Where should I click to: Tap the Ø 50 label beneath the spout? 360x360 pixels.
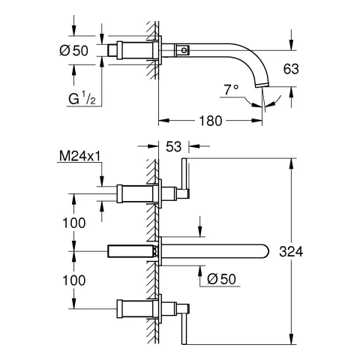point(223,278)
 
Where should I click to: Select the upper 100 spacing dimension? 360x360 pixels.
point(73,222)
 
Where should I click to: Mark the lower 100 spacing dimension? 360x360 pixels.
point(73,278)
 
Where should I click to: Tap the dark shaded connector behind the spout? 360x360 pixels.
point(131,251)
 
